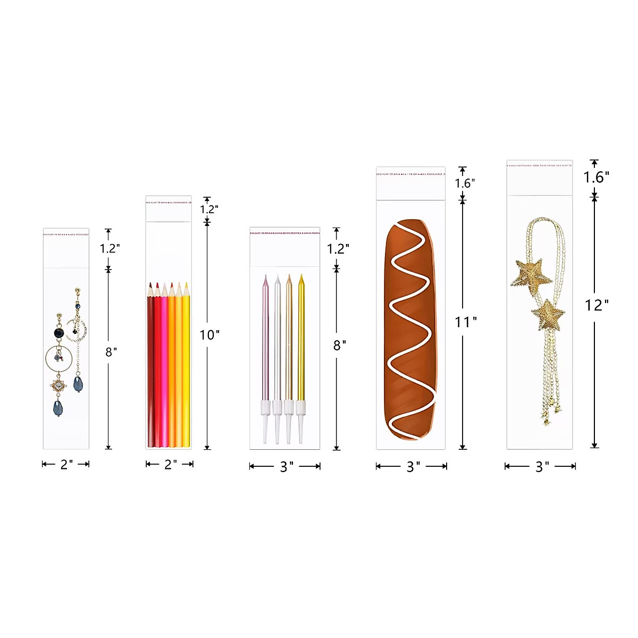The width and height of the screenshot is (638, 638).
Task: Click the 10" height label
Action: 209,335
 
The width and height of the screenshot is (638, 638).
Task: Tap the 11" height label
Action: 466,322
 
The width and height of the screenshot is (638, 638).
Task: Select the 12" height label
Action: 597,305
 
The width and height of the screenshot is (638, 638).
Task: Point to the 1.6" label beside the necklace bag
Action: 597,178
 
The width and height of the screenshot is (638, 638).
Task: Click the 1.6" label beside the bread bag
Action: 465,183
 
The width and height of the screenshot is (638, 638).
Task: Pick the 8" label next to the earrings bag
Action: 111,352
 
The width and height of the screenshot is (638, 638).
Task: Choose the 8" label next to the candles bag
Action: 340,346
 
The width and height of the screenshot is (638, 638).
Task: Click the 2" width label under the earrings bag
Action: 66,465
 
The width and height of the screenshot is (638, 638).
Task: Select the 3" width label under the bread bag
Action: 413,467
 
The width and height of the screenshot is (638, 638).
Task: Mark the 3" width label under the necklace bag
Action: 542,467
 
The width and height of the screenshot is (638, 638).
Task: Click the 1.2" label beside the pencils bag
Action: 209,209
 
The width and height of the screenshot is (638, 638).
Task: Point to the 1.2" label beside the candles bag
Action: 338,249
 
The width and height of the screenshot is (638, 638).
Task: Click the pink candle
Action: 266,340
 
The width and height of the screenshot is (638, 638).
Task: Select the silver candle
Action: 277,340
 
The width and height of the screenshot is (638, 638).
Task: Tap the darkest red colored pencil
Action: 150,367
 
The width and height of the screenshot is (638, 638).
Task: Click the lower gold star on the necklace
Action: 548,315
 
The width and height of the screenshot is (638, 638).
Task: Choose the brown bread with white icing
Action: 410,330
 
